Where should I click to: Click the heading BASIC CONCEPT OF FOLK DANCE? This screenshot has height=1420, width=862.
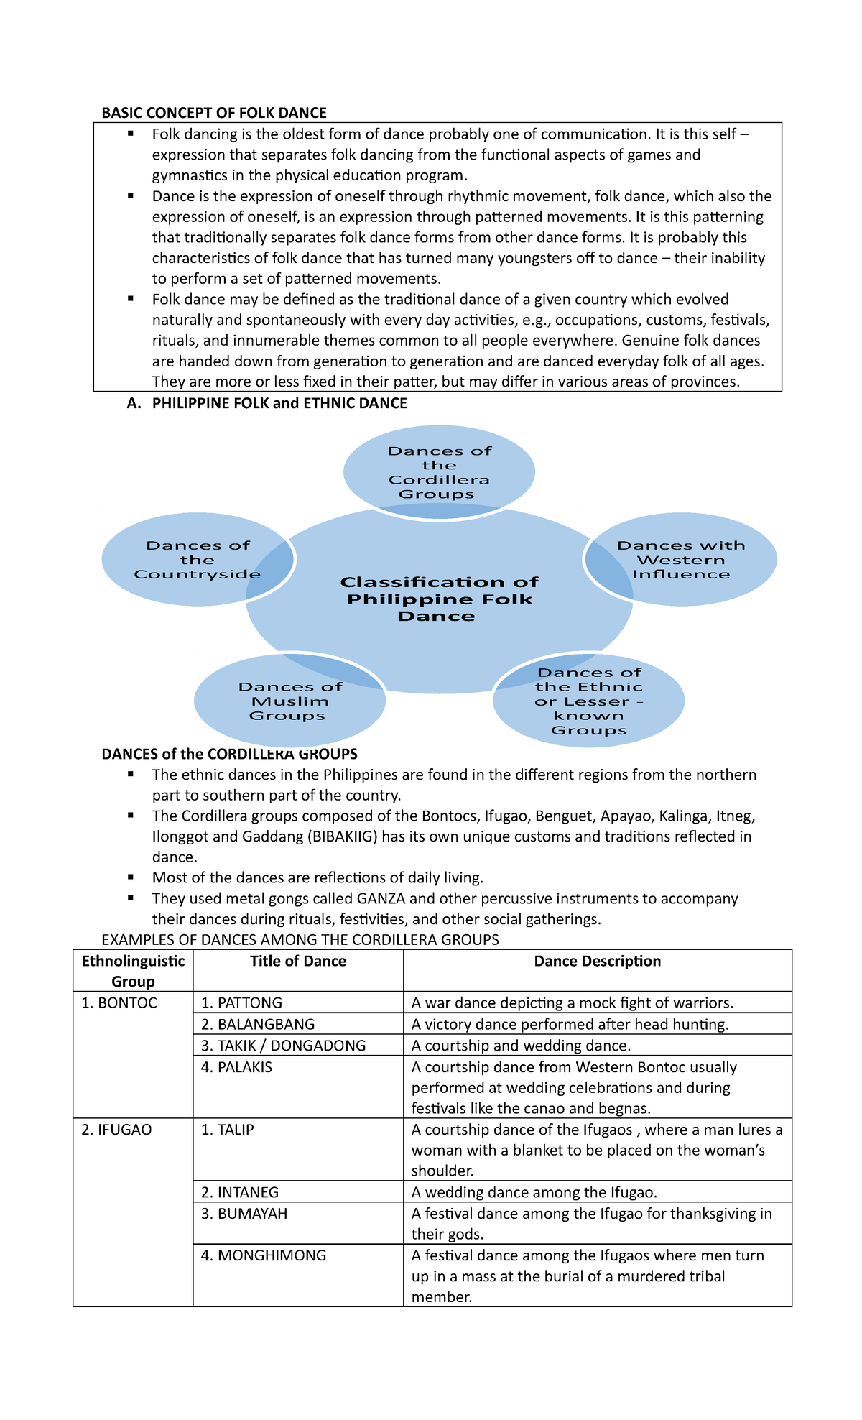tap(214, 113)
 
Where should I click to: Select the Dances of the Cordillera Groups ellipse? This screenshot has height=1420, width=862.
tap(439, 472)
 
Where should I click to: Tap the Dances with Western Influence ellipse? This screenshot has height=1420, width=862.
tap(681, 560)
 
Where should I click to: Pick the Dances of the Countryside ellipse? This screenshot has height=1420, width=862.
tap(197, 560)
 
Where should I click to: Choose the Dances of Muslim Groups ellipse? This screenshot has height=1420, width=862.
tap(289, 701)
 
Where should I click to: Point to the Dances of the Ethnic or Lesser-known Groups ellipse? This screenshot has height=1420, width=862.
tap(589, 701)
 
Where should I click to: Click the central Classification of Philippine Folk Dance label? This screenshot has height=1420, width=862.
tap(439, 599)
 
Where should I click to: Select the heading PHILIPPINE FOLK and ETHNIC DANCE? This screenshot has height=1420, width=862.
tap(279, 404)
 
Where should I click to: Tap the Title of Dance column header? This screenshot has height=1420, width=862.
tap(298, 962)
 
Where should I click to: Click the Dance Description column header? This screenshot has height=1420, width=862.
tap(597, 962)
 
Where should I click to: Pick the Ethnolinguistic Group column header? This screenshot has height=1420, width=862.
tap(133, 971)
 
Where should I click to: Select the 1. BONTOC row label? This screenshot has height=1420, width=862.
tap(119, 1003)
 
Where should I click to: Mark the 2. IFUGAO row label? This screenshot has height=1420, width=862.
tap(116, 1130)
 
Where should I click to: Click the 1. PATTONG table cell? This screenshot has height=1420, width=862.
tap(241, 1003)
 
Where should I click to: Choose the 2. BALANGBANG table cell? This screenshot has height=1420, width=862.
tap(258, 1025)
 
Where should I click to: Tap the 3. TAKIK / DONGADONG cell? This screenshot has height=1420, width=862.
tap(283, 1046)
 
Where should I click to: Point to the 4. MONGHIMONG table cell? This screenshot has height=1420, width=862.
tap(264, 1255)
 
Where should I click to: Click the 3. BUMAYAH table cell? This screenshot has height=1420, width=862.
tap(244, 1214)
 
